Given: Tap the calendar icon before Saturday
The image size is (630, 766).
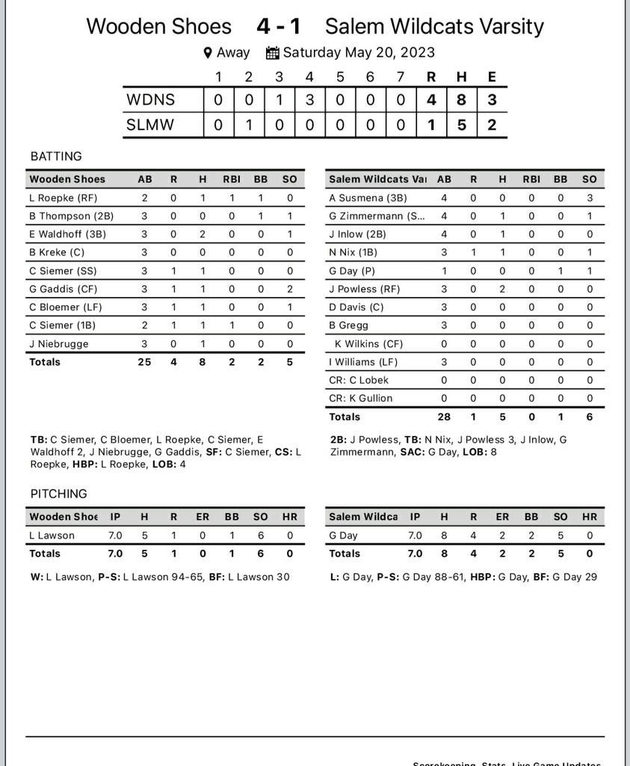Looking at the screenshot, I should [273, 53].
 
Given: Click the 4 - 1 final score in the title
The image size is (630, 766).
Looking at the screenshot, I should [278, 27].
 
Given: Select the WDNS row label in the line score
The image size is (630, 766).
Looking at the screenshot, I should [150, 99].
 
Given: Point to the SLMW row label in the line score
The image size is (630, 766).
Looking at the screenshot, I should [150, 125].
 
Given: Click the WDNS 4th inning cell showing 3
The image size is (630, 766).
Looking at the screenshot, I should [309, 99].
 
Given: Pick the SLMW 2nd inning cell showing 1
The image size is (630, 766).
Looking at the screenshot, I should [249, 125].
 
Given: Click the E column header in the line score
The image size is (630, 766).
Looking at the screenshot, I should [492, 76].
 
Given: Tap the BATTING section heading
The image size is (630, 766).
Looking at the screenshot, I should [56, 156].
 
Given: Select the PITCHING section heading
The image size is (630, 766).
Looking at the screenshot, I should [59, 494].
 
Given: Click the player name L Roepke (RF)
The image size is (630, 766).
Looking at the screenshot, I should [64, 198].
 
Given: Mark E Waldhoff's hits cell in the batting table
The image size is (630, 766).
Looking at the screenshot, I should [203, 234].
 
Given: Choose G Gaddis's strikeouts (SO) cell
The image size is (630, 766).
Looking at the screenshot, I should [290, 289].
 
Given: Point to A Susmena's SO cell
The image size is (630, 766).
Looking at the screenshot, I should [590, 198].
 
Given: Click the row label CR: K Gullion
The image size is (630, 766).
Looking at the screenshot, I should [361, 398].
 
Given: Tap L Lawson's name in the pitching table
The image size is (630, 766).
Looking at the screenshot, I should [52, 536].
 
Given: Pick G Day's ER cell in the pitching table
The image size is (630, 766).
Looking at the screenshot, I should [502, 536].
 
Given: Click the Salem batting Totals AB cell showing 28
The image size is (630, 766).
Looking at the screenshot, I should [444, 417].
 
